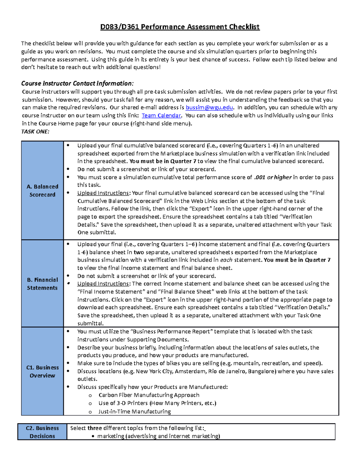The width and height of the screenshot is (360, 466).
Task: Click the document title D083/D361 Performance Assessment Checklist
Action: [x=180, y=27]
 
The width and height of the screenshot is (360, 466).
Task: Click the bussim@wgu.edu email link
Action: [x=209, y=107]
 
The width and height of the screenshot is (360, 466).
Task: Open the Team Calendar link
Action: [x=161, y=116]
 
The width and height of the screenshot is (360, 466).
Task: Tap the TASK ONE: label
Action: [x=35, y=131]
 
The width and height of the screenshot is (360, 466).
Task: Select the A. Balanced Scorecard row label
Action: [x=42, y=191]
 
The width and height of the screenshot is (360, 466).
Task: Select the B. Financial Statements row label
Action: [x=42, y=284]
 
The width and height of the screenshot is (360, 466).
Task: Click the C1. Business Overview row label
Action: [x=42, y=371]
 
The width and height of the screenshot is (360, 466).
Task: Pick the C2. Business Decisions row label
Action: [x=42, y=432]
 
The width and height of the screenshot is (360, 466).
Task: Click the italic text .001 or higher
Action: [x=273, y=177]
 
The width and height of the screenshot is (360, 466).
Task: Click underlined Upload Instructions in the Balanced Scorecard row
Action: [x=103, y=193]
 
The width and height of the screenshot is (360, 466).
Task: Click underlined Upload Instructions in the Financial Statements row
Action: [x=103, y=284]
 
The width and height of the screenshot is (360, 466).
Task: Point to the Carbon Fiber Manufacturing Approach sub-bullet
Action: [x=149, y=395]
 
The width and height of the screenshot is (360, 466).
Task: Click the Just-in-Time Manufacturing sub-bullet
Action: [x=134, y=412]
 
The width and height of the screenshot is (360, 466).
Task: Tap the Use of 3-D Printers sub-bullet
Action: [x=157, y=403]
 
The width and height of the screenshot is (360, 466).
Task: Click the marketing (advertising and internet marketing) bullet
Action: [x=158, y=436]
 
